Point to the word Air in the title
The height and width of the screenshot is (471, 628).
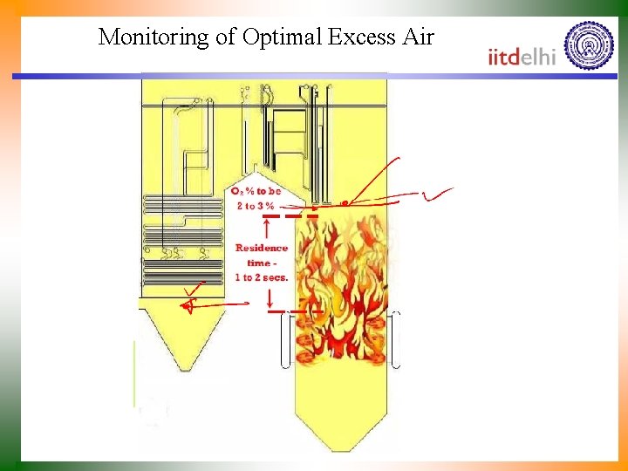pos(416,38)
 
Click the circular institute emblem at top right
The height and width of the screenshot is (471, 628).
pos(589,45)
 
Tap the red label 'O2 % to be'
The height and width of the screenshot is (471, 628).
pos(256,191)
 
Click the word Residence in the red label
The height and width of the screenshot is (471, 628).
pos(261,248)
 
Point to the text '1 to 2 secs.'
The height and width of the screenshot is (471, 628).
pos(261,277)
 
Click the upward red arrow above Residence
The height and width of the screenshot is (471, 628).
pos(265,229)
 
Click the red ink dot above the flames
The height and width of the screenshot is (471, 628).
pos(345,202)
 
